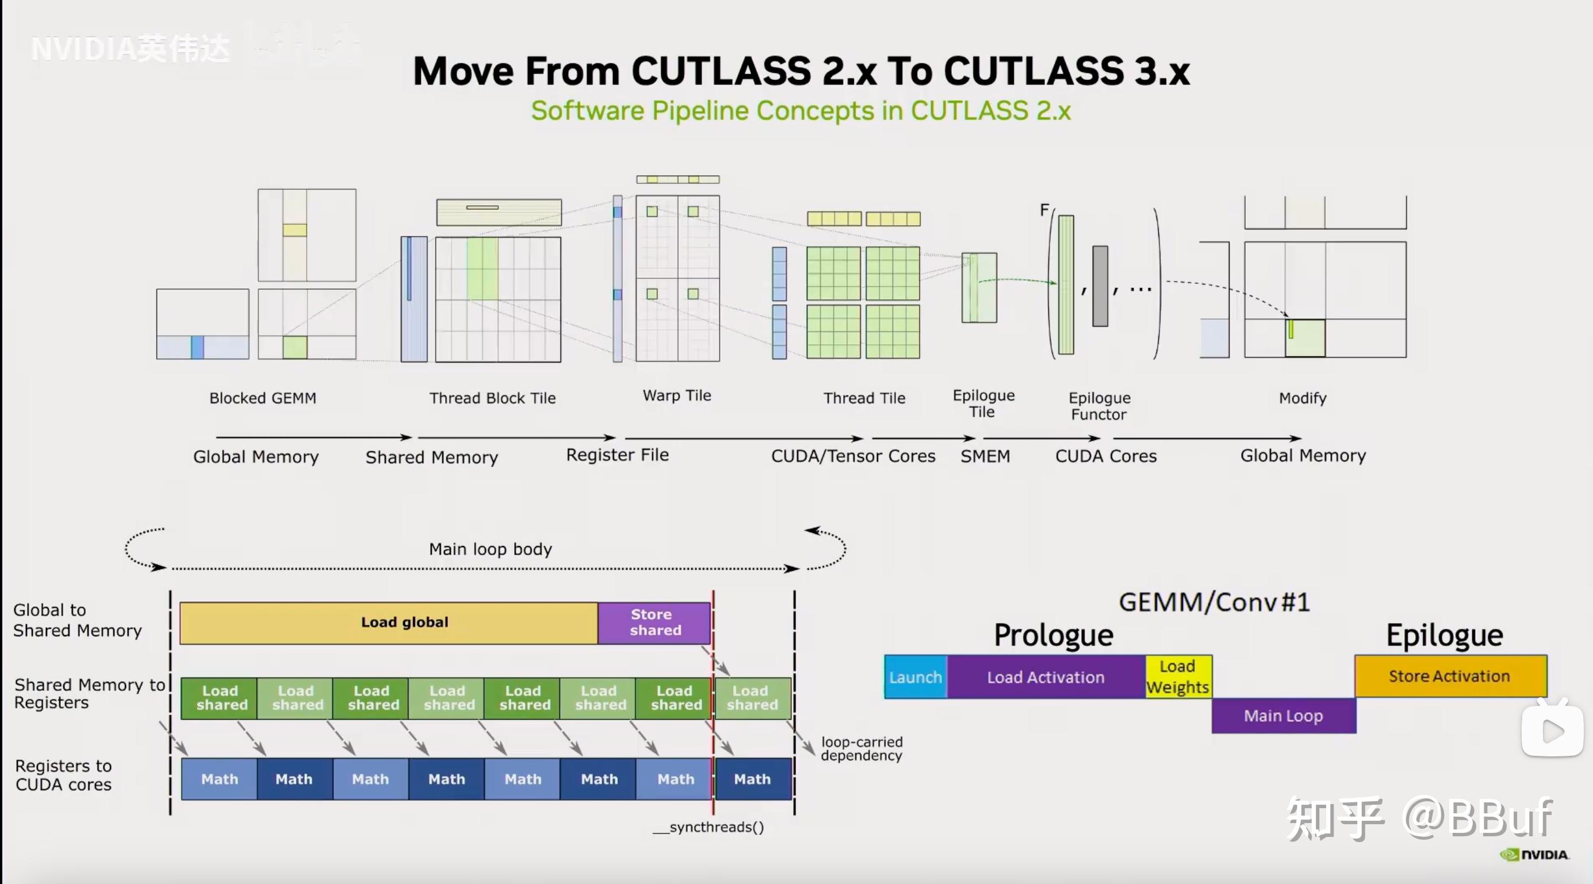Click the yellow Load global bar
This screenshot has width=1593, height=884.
tap(388, 622)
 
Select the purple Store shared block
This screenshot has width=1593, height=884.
tap(654, 622)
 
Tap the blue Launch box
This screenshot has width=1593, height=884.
tap(915, 677)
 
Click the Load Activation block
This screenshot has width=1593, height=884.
tap(1046, 677)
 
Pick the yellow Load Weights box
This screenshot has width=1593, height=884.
tap(1177, 677)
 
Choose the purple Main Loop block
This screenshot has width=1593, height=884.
tap(1283, 716)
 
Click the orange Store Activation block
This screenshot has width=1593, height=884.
tap(1450, 677)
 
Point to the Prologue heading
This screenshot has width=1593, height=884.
tap(1053, 635)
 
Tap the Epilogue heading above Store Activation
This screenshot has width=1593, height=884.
tap(1444, 635)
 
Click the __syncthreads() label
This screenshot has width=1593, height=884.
tap(709, 827)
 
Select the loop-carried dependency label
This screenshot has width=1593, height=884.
tap(861, 748)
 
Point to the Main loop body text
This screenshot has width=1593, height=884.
tap(491, 549)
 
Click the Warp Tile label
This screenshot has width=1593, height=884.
tap(677, 395)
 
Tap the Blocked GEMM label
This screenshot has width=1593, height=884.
tap(263, 398)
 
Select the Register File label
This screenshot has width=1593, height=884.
tap(617, 455)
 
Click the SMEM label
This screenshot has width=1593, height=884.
tap(985, 456)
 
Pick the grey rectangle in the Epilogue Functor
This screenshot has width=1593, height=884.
tap(1100, 286)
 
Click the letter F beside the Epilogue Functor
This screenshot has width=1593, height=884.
tap(1044, 210)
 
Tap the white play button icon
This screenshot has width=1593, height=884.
tap(1552, 732)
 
